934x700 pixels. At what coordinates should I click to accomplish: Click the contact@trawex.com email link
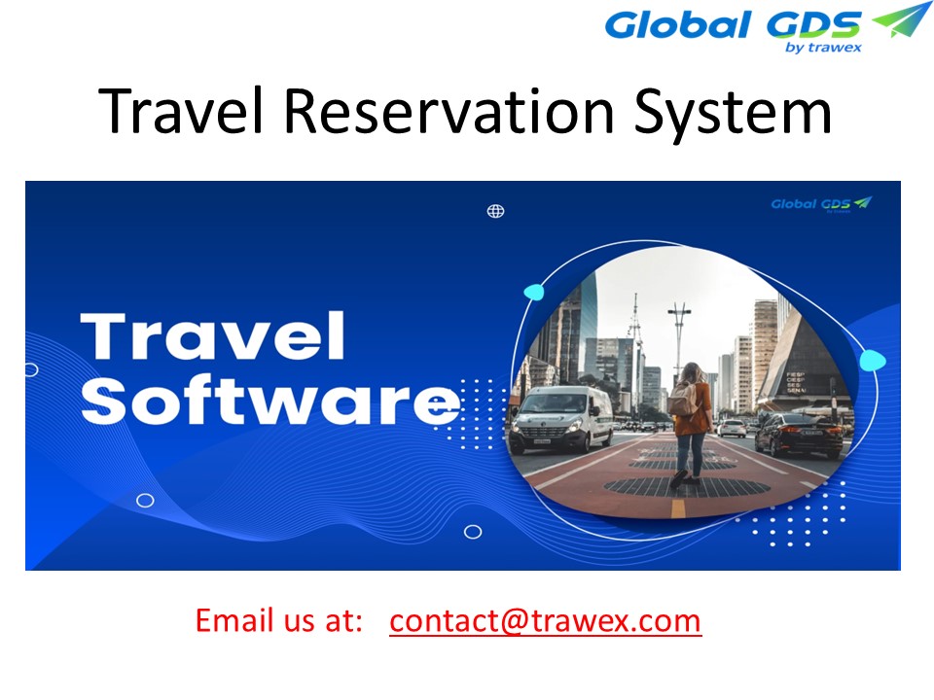pyautogui.click(x=545, y=619)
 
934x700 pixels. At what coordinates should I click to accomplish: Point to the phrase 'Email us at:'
pyautogui.click(x=279, y=619)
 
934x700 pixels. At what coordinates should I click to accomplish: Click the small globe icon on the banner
pyautogui.click(x=495, y=211)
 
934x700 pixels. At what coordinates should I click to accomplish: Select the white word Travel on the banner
pyautogui.click(x=215, y=336)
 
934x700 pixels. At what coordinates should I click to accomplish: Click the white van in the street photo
pyautogui.click(x=561, y=418)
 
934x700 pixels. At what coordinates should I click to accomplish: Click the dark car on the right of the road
pyautogui.click(x=799, y=435)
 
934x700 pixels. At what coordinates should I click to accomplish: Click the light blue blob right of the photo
pyautogui.click(x=873, y=361)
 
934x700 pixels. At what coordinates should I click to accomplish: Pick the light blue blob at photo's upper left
pyautogui.click(x=533, y=292)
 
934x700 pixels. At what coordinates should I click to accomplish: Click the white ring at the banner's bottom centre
pyautogui.click(x=473, y=531)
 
